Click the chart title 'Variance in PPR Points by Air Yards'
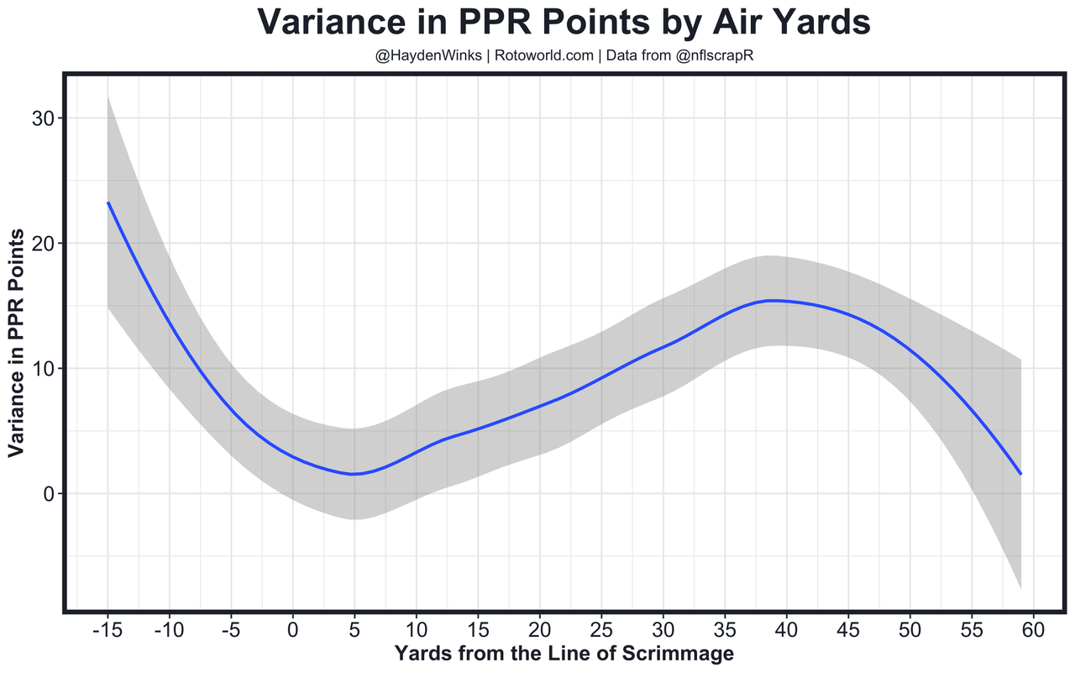(563, 23)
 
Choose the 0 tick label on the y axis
(48, 494)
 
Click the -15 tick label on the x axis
(107, 628)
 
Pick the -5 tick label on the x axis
(231, 628)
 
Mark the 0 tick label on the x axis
(293, 628)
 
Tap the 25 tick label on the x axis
(601, 628)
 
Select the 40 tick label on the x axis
(786, 628)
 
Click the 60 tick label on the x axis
(1033, 628)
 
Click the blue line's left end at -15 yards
(108, 203)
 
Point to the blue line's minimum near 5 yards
(354, 474)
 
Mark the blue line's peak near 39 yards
(774, 301)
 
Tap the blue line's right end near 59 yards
(1020, 474)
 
